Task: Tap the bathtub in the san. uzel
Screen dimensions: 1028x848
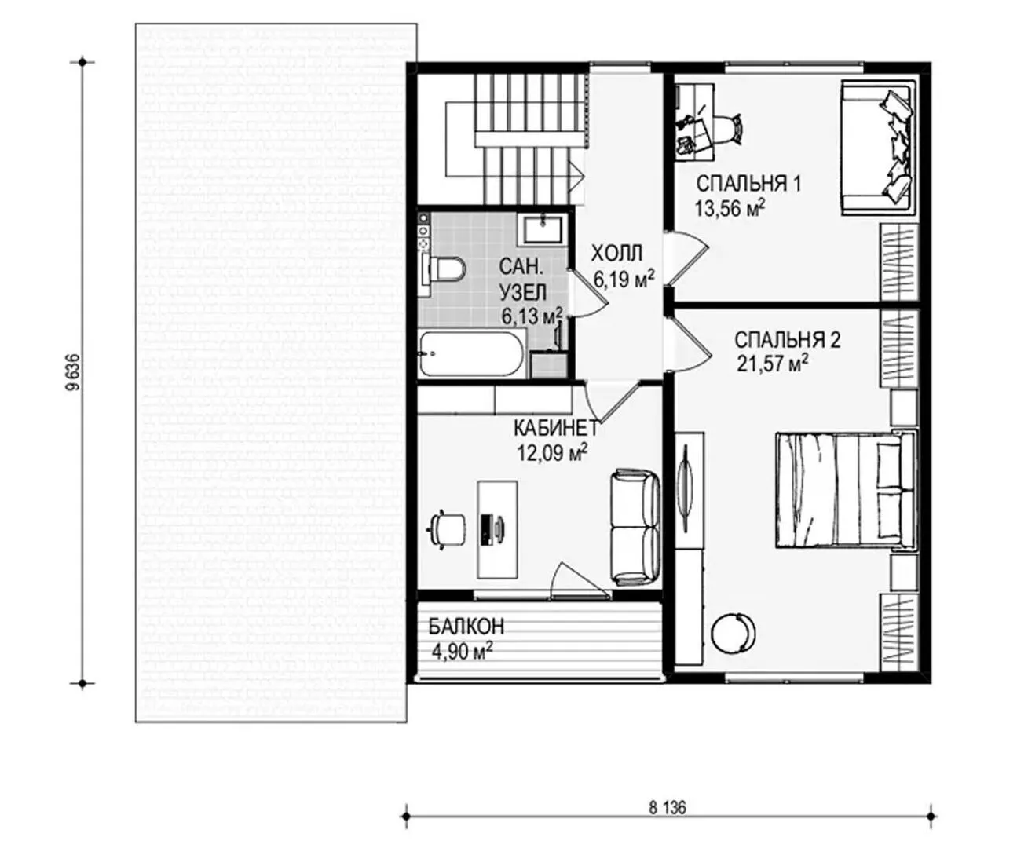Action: [x=472, y=354]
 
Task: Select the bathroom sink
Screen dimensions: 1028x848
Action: [x=543, y=230]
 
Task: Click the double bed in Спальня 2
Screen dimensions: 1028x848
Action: [x=847, y=490]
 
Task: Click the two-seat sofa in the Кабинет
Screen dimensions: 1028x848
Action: [x=635, y=528]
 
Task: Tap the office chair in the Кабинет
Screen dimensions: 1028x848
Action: [x=448, y=529]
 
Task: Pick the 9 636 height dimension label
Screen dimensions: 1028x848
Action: [x=73, y=372]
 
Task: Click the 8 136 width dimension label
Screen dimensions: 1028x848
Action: [x=668, y=808]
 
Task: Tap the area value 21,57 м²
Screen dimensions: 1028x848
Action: [x=772, y=364]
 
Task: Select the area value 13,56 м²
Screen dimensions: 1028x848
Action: [x=730, y=208]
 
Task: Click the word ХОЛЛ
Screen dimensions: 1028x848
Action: [x=616, y=254]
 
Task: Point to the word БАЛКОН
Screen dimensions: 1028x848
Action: [x=466, y=627]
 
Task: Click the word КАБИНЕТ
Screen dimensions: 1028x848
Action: [x=556, y=428]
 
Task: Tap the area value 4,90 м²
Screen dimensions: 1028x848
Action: [x=463, y=652]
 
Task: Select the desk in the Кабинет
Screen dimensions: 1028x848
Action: [x=497, y=529]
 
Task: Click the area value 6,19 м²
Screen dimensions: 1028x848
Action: [x=624, y=279]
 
